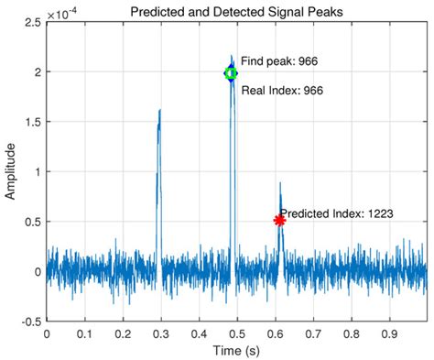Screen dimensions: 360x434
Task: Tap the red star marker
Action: click(x=279, y=220)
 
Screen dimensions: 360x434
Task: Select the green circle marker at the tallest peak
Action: click(x=231, y=73)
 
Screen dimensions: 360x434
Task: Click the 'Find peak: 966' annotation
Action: click(x=280, y=60)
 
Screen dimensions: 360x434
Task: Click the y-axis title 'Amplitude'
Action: click(x=11, y=171)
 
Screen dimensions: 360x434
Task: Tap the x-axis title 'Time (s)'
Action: click(x=236, y=351)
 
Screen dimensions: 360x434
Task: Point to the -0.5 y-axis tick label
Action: click(x=28, y=322)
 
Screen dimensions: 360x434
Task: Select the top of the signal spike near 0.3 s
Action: click(x=159, y=111)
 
